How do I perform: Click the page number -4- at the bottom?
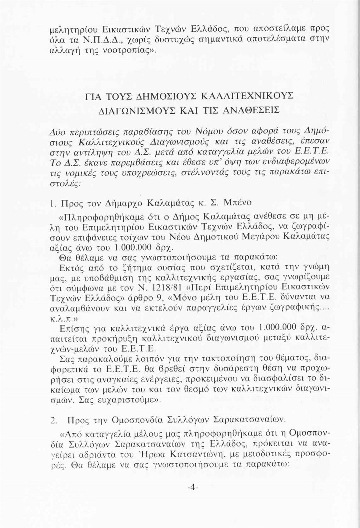click(193, 487)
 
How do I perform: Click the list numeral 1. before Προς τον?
click(52, 203)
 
